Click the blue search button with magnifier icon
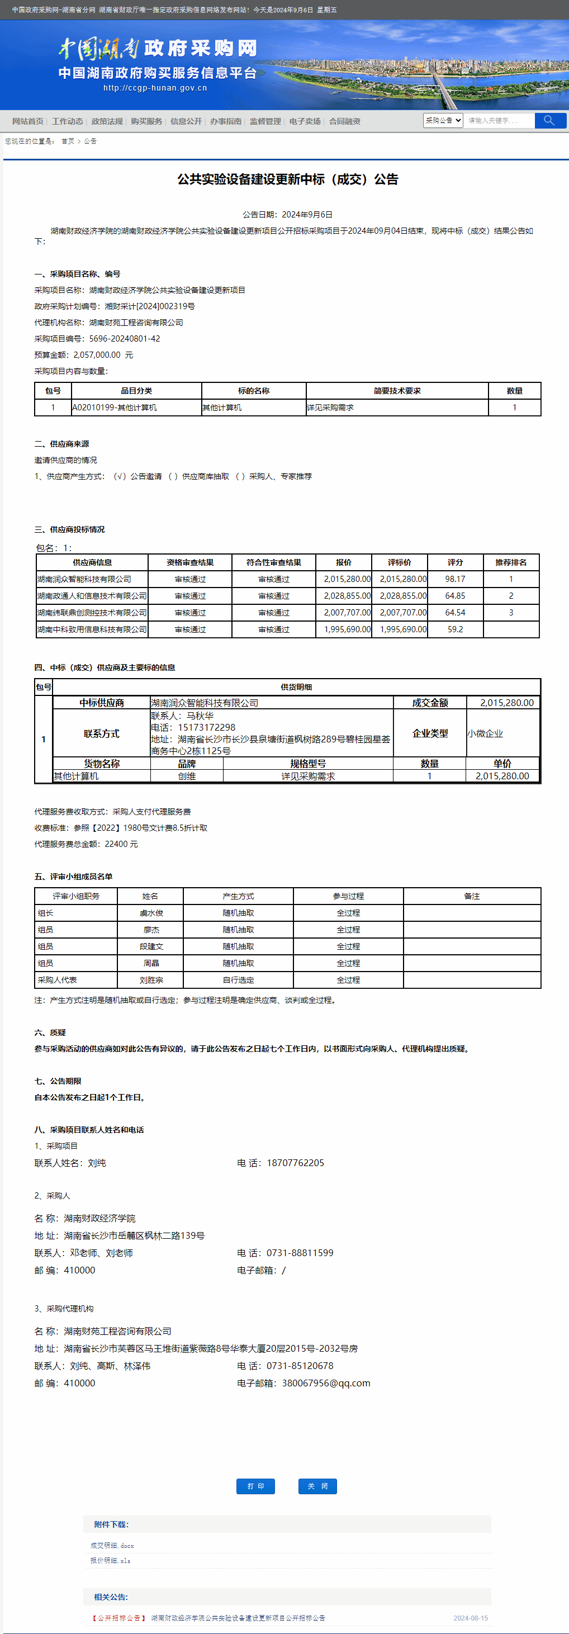[549, 121]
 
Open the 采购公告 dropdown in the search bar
[443, 121]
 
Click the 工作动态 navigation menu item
[67, 121]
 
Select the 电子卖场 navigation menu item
[305, 121]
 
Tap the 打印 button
[255, 1486]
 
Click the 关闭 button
[317, 1486]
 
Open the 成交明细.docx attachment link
[112, 1545]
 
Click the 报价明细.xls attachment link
[110, 1560]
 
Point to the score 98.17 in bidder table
[455, 579]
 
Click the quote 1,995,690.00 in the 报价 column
[347, 629]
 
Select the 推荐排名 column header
[511, 562]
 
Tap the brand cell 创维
[187, 776]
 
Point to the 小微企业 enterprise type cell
[485, 734]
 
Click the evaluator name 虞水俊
[151, 913]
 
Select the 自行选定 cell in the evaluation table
[238, 980]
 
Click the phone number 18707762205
[295, 1163]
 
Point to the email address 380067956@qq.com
[326, 1383]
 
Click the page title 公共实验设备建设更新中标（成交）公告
[287, 179]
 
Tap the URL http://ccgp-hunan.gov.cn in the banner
[155, 88]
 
